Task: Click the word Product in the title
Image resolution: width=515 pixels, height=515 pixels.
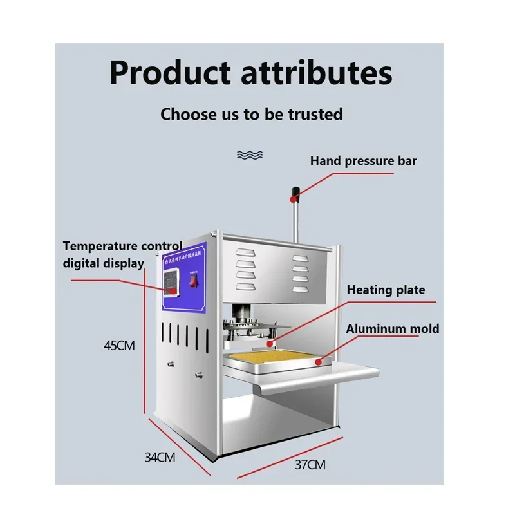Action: (169, 72)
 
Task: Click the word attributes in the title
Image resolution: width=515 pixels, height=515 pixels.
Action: (317, 72)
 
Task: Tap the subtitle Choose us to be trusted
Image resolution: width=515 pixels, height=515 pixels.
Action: (252, 115)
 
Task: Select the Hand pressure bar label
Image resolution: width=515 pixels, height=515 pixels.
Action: (363, 160)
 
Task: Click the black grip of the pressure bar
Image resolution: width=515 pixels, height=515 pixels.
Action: (296, 191)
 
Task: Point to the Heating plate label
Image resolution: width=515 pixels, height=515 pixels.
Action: (386, 290)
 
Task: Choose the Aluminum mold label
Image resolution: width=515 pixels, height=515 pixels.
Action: (393, 329)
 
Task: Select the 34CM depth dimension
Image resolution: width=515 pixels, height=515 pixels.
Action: (160, 458)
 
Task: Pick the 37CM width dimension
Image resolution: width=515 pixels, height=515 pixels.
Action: (312, 464)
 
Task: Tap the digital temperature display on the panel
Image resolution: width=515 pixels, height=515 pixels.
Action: (169, 281)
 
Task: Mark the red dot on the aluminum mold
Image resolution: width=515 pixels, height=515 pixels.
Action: (317, 361)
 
